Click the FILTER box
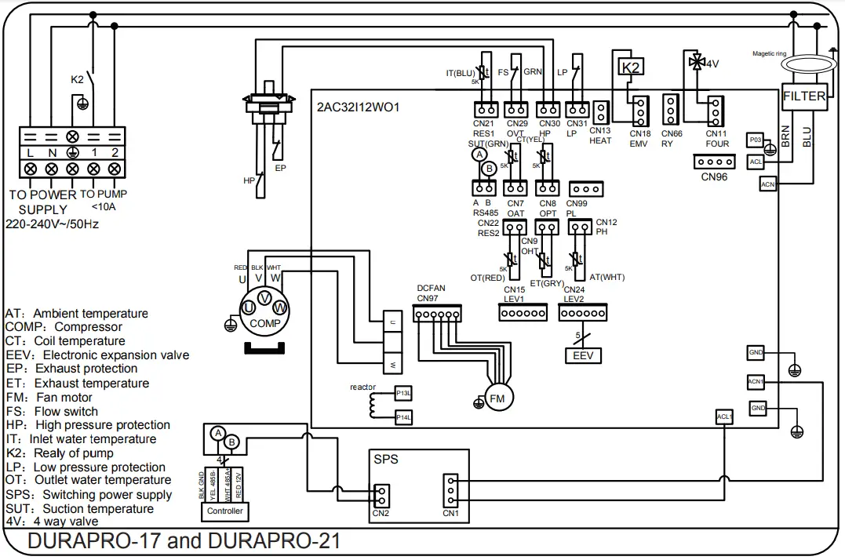tap(804, 97)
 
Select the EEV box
tap(582, 355)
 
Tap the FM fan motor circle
tap(497, 398)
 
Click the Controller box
tap(225, 511)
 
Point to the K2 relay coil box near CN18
tap(632, 67)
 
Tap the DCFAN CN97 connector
tap(437, 314)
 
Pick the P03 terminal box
tap(755, 140)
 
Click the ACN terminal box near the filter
tap(768, 184)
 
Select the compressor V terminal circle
tap(264, 298)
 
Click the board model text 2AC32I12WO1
tap(359, 107)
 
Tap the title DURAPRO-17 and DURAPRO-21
tap(184, 542)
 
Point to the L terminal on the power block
tap(30, 151)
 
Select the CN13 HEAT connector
tap(600, 112)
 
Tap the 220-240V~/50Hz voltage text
tap(52, 224)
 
